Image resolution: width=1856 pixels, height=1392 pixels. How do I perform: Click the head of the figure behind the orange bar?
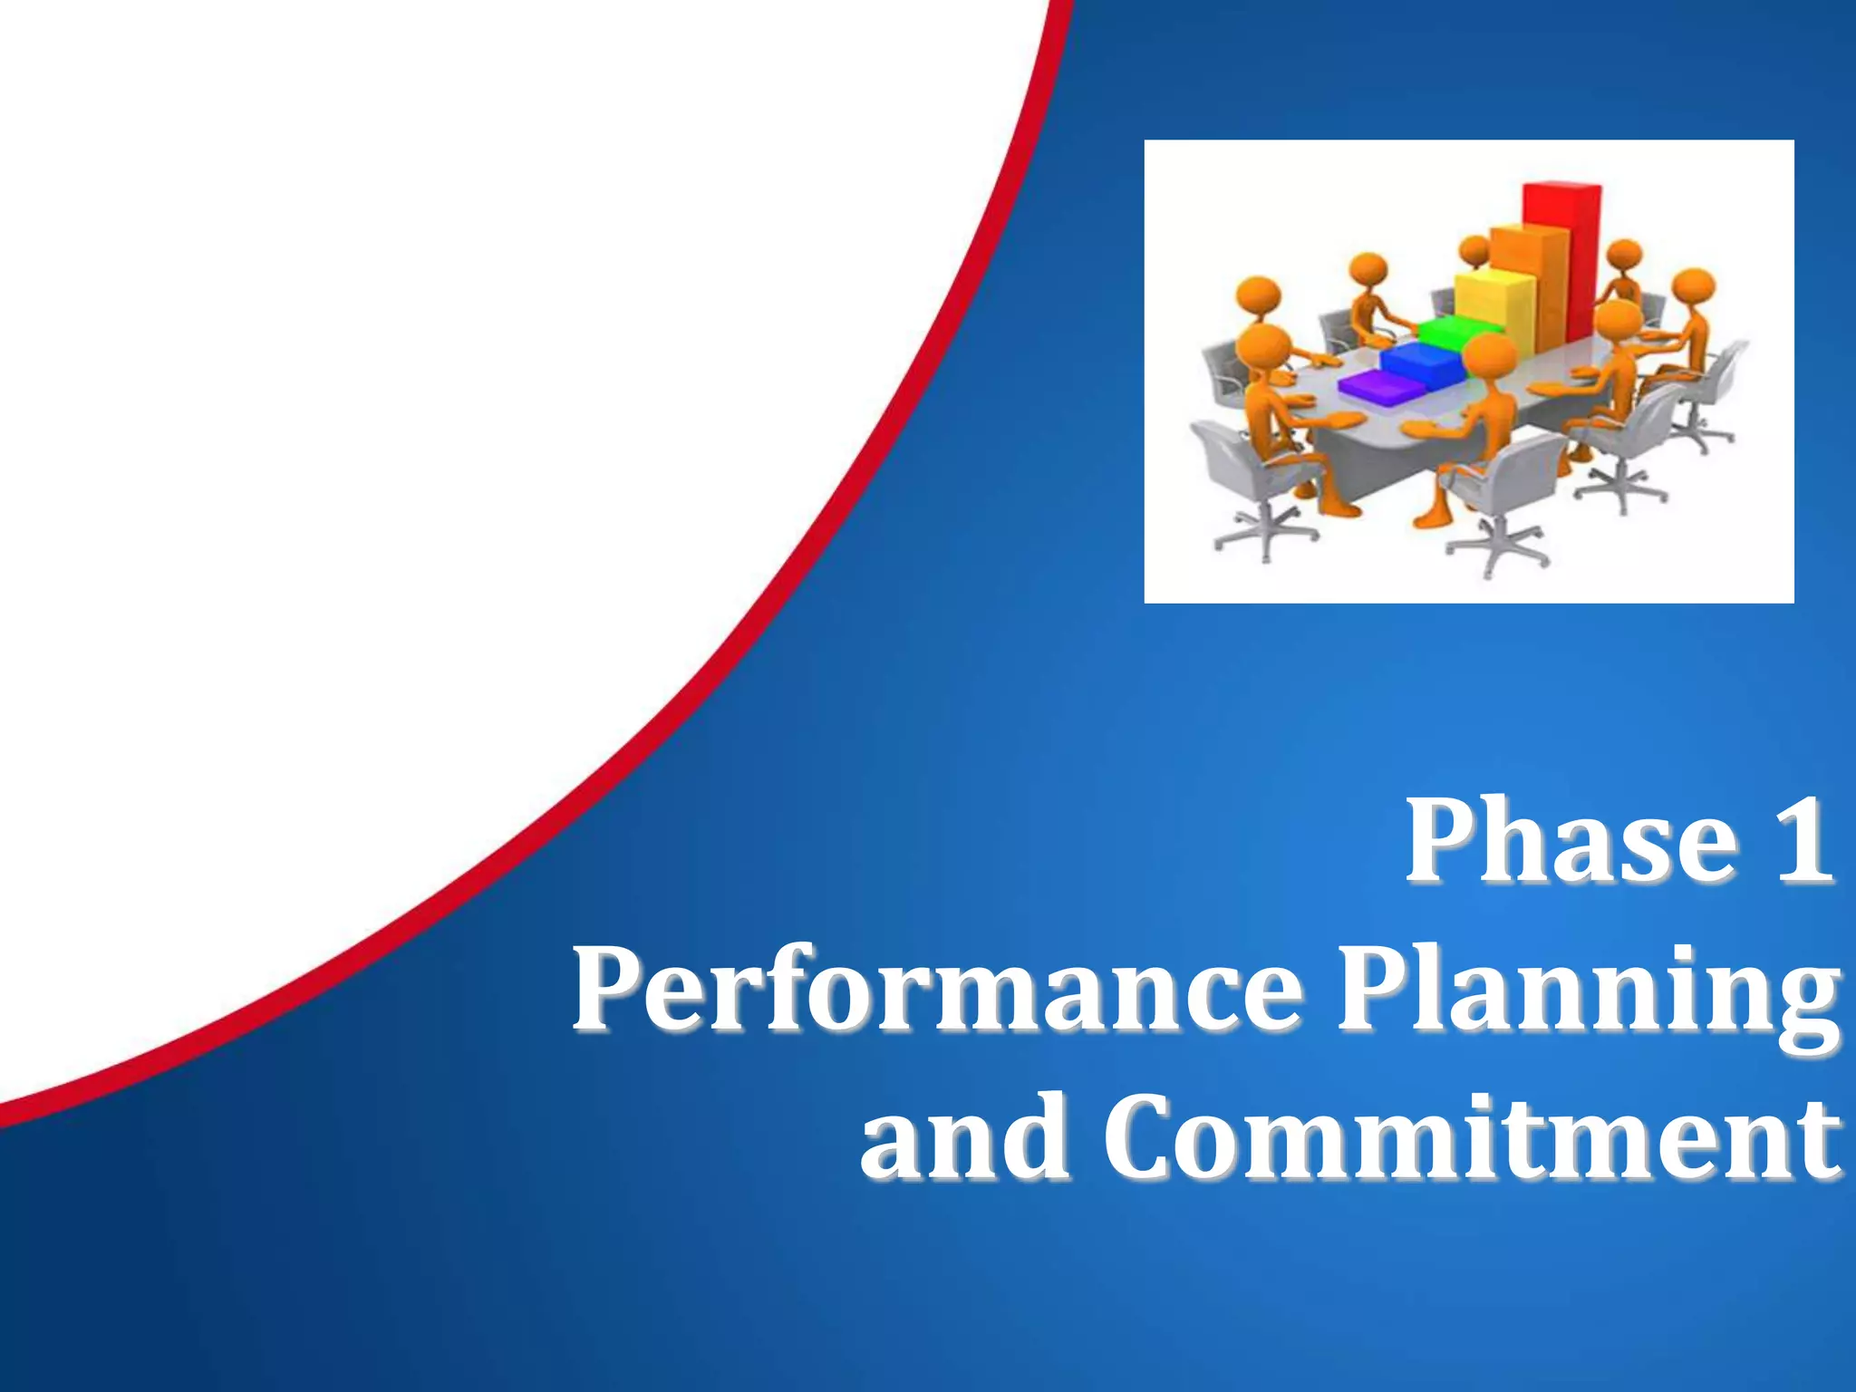tap(1474, 250)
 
